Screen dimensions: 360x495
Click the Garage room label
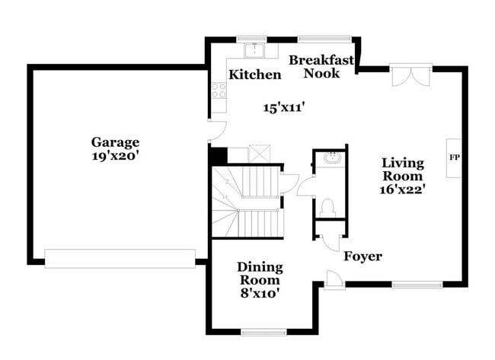(115, 142)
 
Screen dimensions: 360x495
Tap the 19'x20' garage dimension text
(115, 155)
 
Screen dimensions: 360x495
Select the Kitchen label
(255, 75)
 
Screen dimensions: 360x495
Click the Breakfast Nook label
(321, 66)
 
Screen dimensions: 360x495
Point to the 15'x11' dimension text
(284, 108)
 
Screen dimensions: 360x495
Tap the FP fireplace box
(454, 158)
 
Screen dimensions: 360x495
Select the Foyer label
(362, 256)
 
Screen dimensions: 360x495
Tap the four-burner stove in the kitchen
(219, 91)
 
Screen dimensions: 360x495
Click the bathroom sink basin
(331, 158)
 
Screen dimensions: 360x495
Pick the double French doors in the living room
(410, 76)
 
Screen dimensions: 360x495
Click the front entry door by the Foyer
(334, 279)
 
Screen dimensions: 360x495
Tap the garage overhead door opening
(120, 259)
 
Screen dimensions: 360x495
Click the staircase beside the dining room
(246, 201)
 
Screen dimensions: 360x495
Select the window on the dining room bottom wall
(263, 332)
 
